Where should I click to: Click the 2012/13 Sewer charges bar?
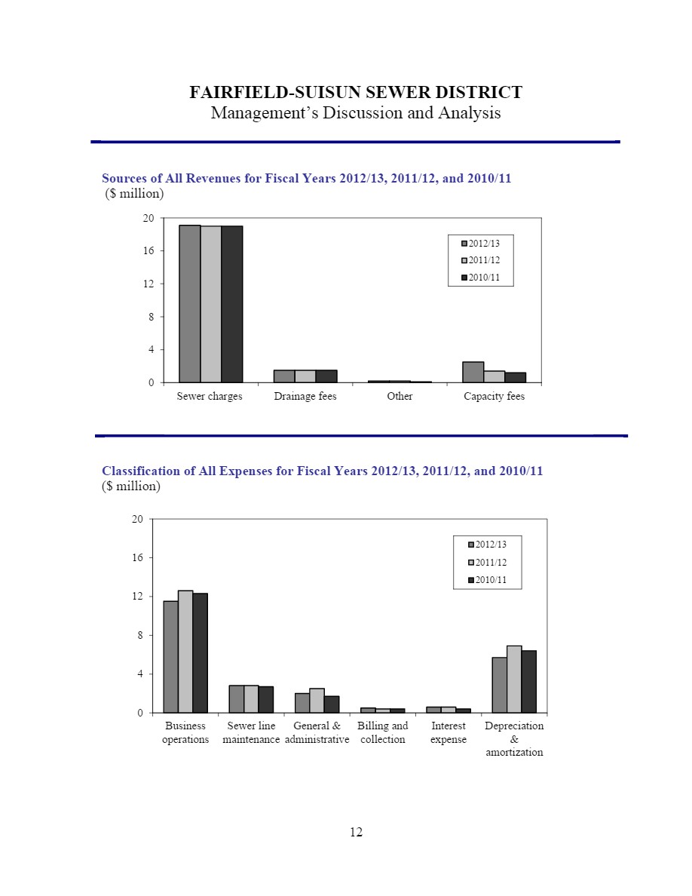click(189, 303)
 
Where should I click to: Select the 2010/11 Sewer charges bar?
click(232, 304)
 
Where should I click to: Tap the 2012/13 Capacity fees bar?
click(473, 372)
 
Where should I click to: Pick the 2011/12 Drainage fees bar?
click(305, 376)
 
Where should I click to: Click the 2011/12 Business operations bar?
click(185, 652)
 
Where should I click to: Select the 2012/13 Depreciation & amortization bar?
click(500, 685)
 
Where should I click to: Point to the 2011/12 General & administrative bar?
click(317, 701)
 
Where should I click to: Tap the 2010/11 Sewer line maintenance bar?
click(266, 699)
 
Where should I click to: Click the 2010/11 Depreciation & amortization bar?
click(528, 681)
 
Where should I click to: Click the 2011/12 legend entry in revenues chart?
click(481, 260)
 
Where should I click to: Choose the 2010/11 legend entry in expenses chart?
click(487, 579)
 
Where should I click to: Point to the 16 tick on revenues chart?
click(149, 250)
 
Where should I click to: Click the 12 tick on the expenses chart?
click(138, 596)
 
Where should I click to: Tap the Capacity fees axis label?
click(494, 396)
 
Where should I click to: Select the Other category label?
click(400, 396)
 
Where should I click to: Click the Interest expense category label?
click(449, 732)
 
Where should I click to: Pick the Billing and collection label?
click(382, 732)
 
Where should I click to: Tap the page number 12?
click(356, 832)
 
